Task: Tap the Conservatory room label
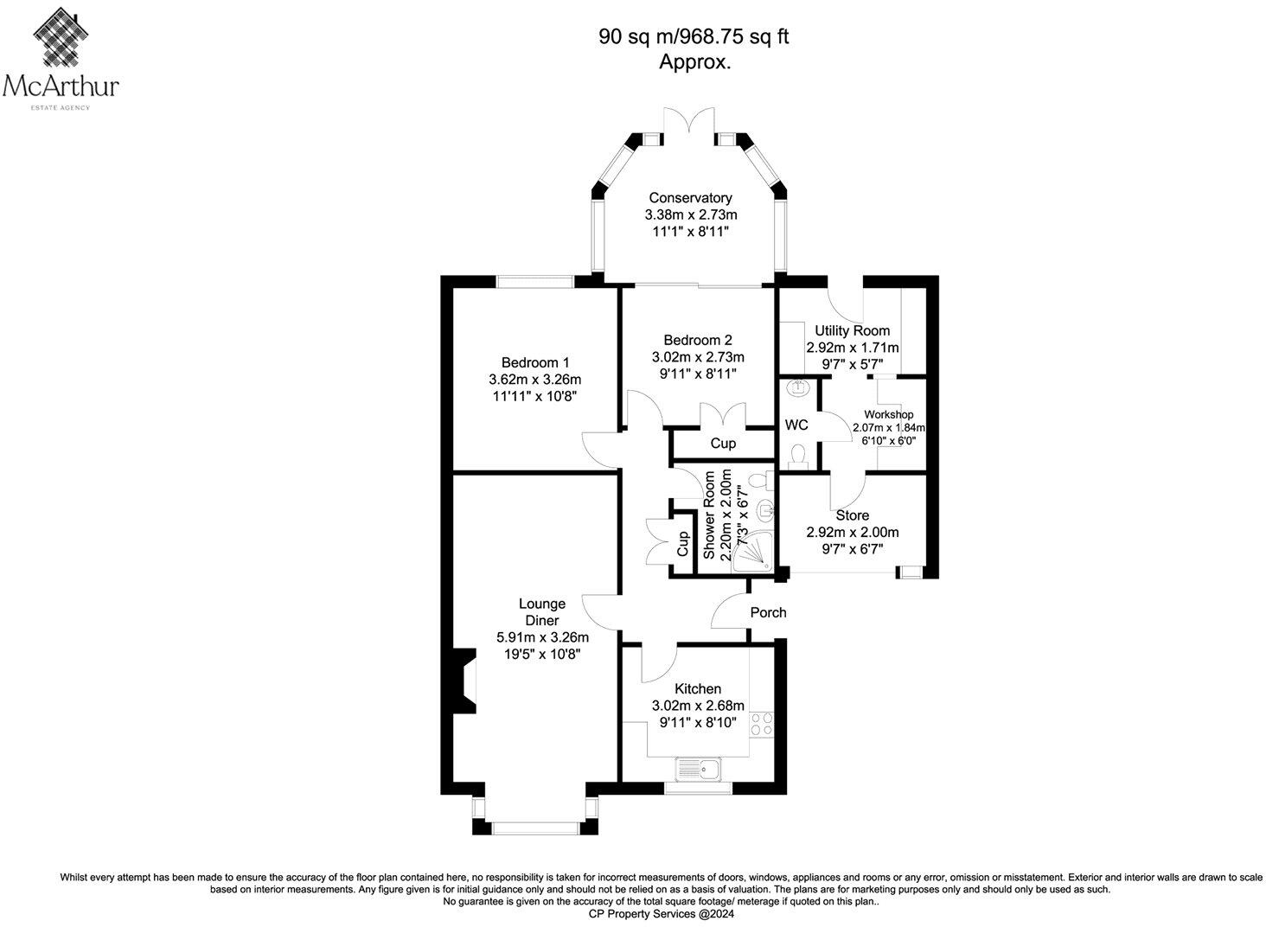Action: coord(690,198)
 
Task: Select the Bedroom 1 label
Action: coord(535,362)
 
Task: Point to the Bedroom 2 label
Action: coord(697,340)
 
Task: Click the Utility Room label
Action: coord(852,330)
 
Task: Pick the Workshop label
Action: coord(888,415)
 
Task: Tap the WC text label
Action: coord(796,425)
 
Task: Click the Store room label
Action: coord(852,515)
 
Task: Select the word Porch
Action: coord(768,612)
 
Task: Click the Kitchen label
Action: coord(697,689)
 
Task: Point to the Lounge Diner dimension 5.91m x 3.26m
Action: coord(542,637)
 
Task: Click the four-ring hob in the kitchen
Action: coord(762,723)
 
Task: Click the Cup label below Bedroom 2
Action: coord(723,444)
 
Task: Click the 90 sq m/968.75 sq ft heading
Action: coord(694,36)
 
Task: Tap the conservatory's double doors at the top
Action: coord(689,121)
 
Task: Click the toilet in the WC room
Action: coord(797,455)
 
